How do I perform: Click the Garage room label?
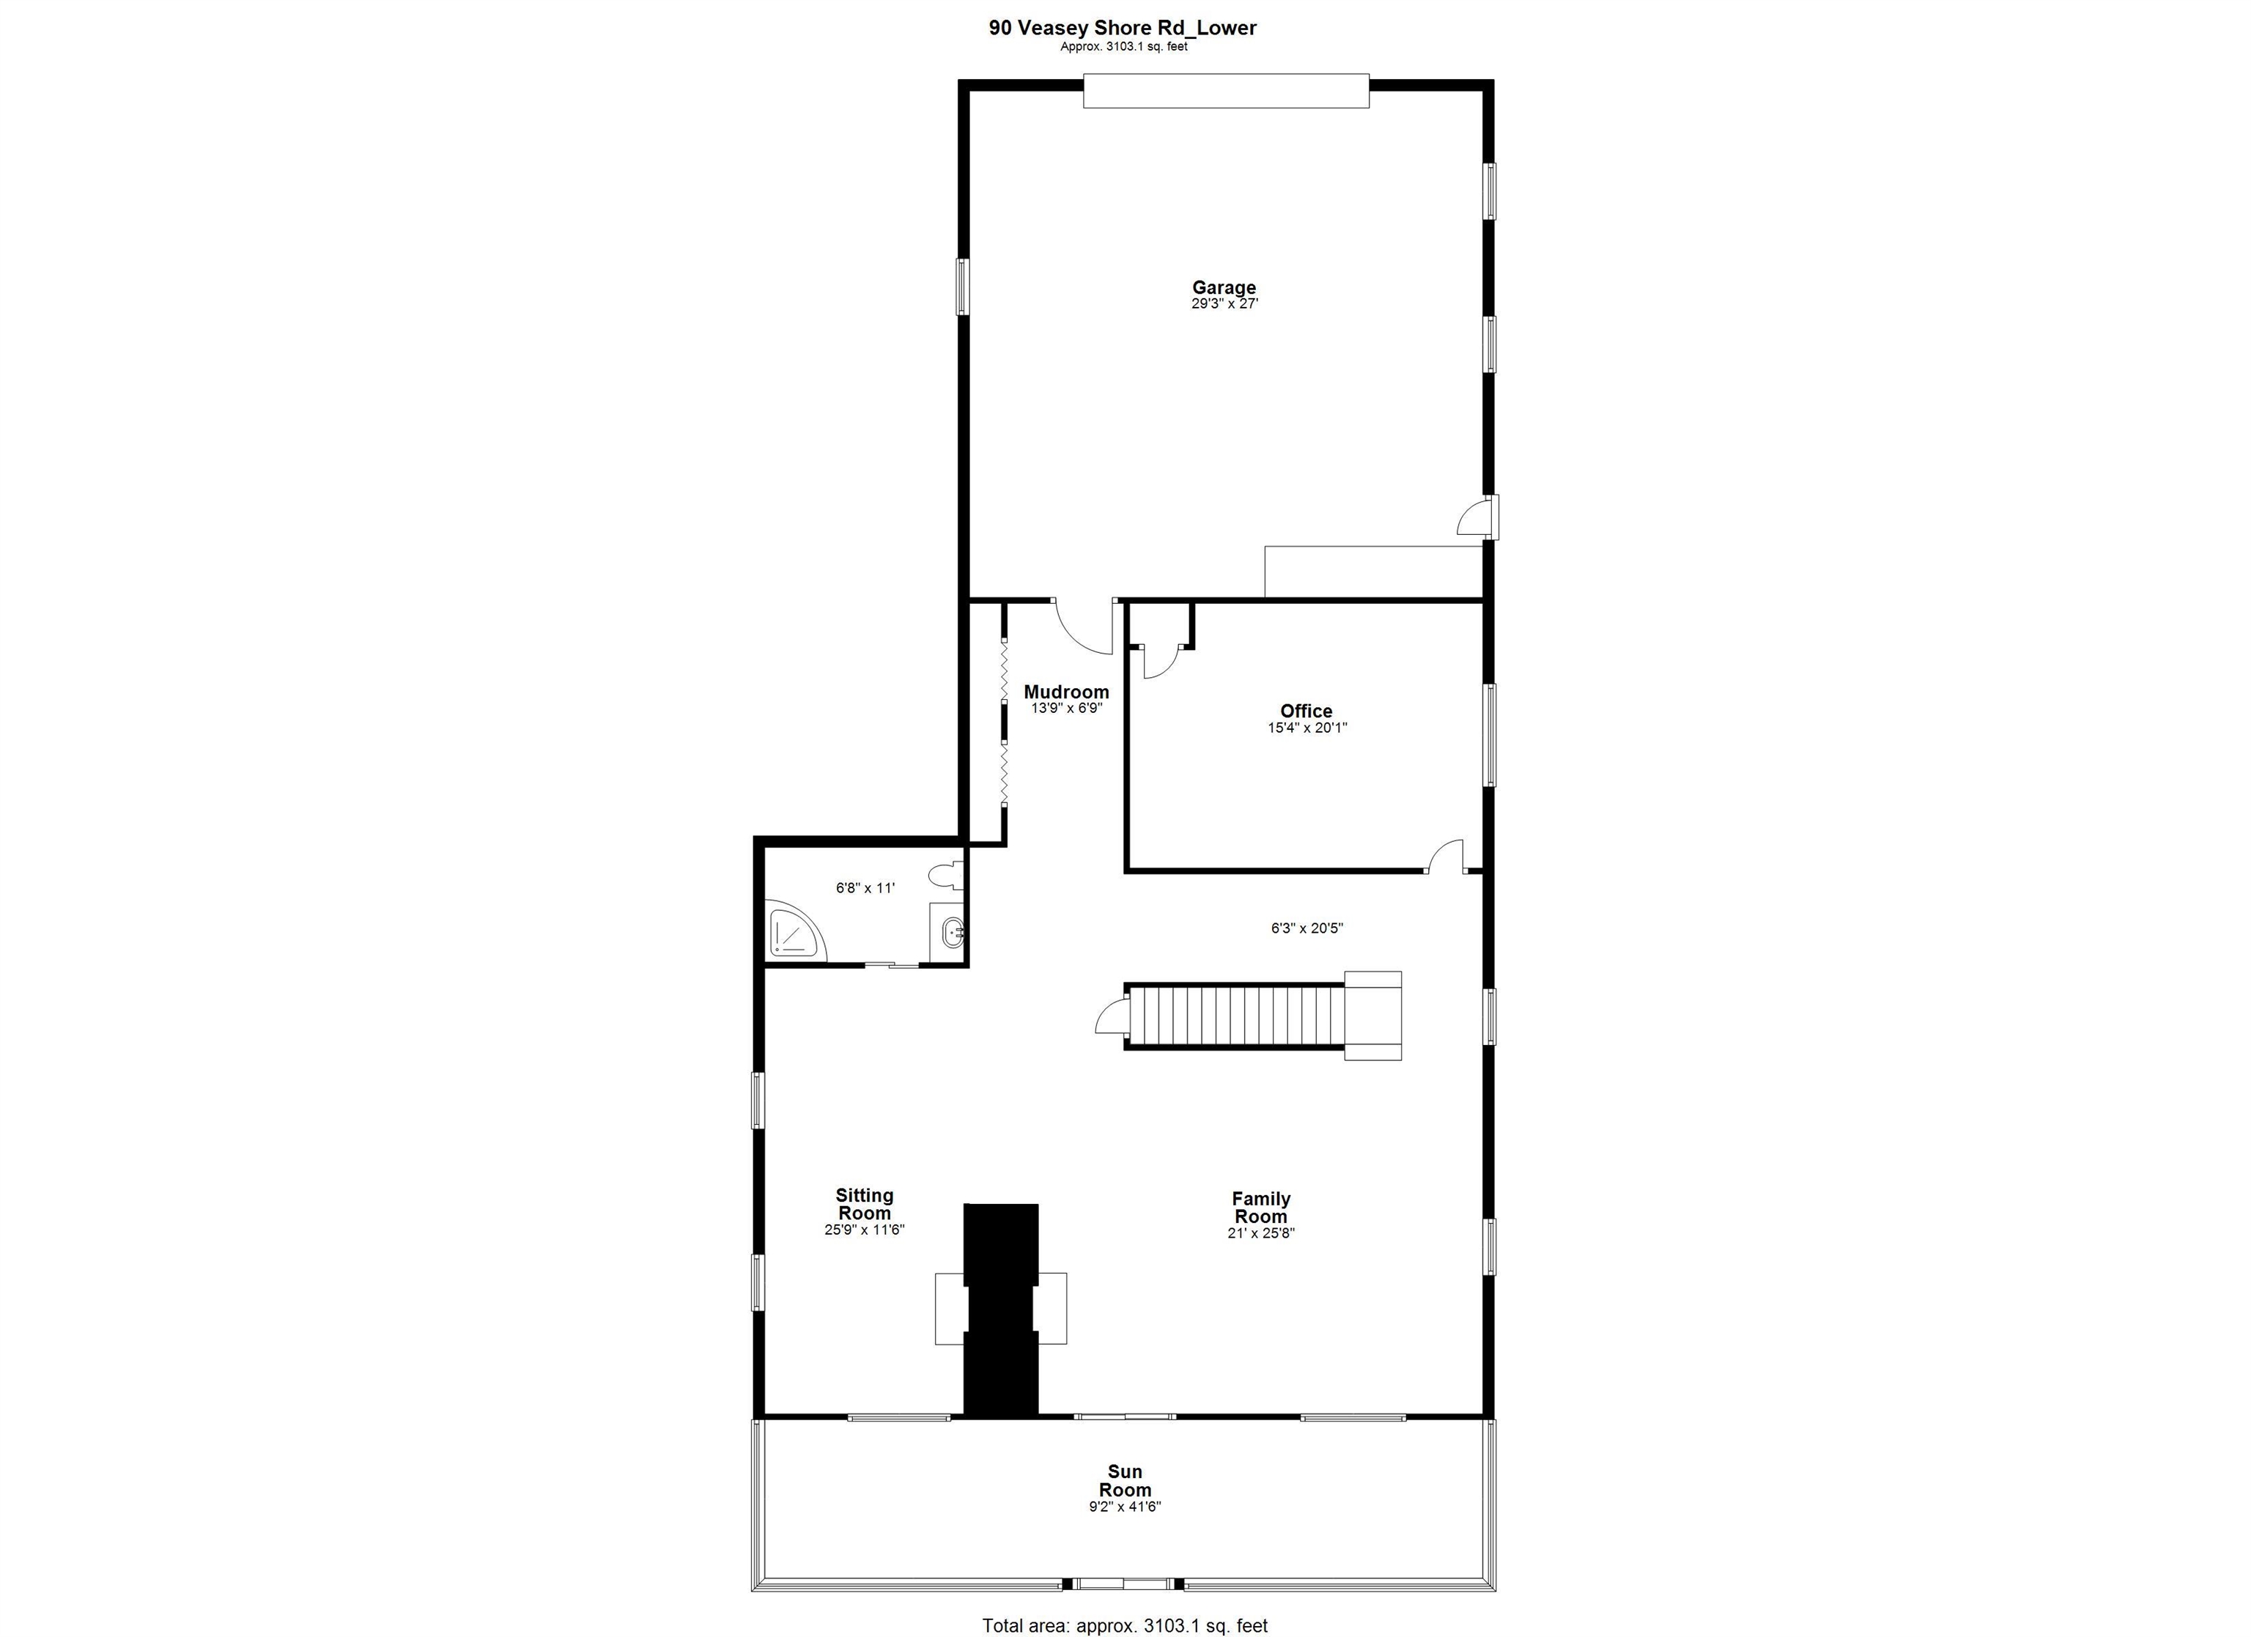click(x=1224, y=288)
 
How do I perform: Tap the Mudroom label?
click(x=1066, y=692)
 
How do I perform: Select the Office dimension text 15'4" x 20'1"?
click(x=1306, y=728)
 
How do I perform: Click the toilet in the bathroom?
click(x=946, y=876)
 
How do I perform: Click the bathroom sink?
click(x=952, y=932)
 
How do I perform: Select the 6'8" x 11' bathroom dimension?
click(x=865, y=889)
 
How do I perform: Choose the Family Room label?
click(x=1260, y=1207)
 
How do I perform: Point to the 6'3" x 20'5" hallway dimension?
click(x=1306, y=928)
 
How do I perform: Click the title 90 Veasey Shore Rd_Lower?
click(x=1123, y=28)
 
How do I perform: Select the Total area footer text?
click(x=1125, y=1625)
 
